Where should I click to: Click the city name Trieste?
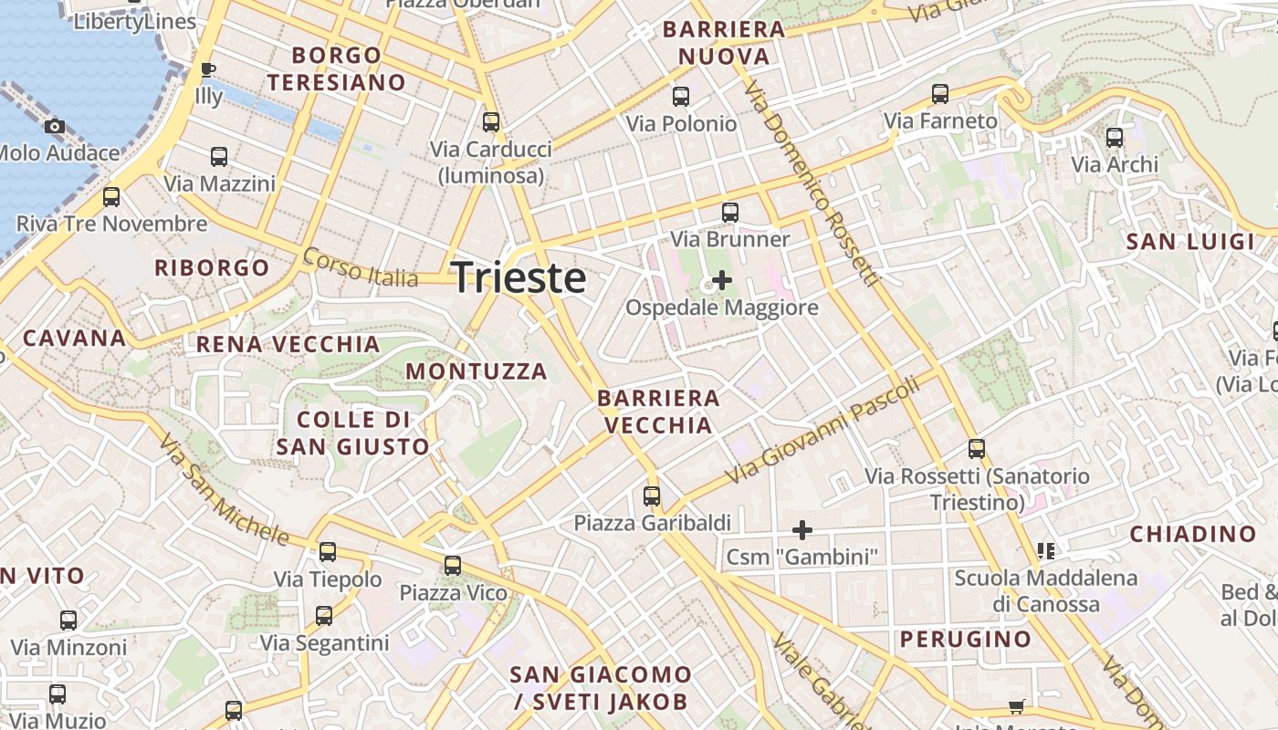click(519, 277)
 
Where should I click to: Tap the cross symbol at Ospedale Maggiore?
click(721, 279)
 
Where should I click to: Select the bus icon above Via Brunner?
click(729, 213)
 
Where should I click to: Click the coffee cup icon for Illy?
click(208, 69)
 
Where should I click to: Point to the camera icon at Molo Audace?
click(55, 126)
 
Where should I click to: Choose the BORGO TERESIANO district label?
click(337, 68)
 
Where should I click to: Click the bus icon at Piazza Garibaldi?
click(651, 495)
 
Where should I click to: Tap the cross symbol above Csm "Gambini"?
click(801, 529)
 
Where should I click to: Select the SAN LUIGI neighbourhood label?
click(1190, 242)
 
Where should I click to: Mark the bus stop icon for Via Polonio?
click(680, 97)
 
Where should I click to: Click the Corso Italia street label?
click(360, 267)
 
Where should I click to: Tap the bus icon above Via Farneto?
click(940, 94)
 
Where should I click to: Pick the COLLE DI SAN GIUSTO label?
click(352, 433)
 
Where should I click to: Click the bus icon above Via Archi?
click(1114, 138)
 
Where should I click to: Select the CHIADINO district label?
click(1193, 534)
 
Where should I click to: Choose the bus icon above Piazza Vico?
click(452, 566)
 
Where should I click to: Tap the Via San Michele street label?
click(223, 489)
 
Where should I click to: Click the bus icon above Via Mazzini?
click(219, 157)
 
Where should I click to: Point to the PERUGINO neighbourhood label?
click(966, 639)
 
